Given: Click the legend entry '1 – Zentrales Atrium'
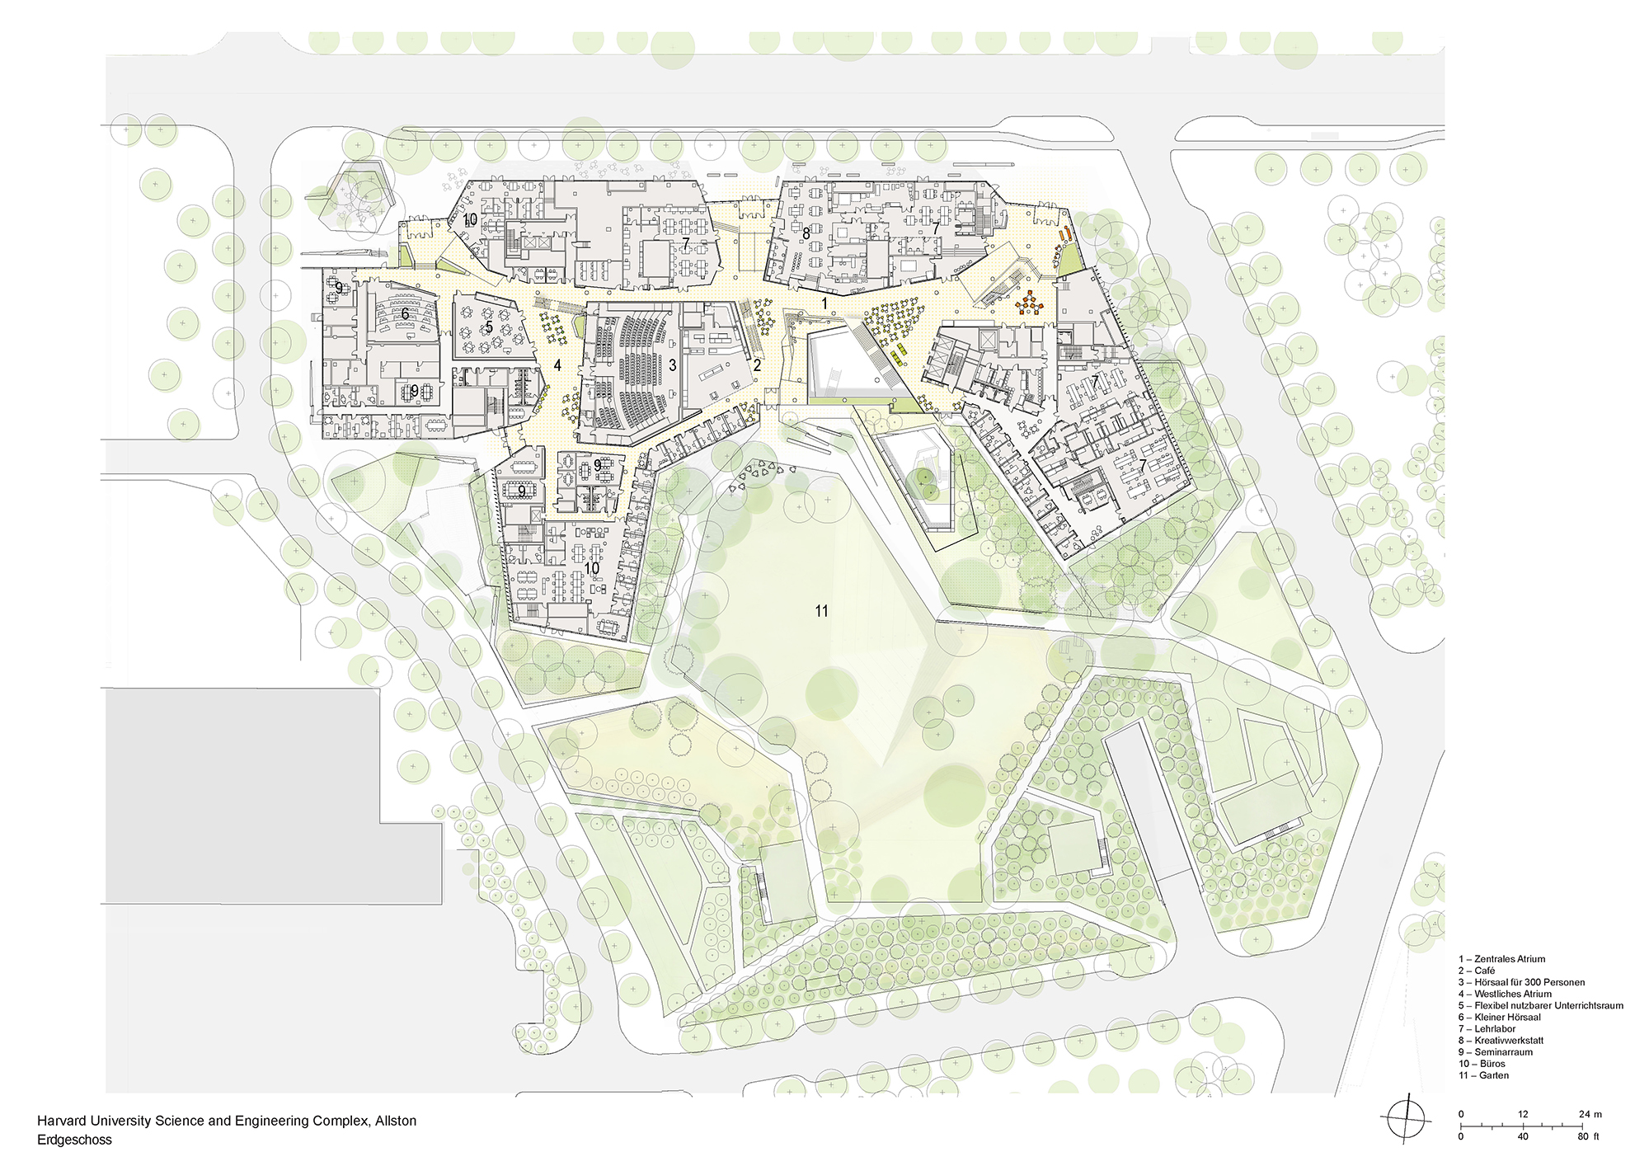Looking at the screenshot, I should point(1501,959).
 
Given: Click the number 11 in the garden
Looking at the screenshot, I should point(821,611).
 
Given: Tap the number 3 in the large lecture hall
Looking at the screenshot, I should point(673,364).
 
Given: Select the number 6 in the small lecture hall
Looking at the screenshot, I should point(405,314).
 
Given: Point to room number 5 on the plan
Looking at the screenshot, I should point(489,327).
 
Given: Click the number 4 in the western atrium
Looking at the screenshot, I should point(557,365).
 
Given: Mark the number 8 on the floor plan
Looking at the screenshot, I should point(806,234).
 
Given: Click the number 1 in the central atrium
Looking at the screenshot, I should point(824,304).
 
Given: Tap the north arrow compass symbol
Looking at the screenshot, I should point(1404,1120).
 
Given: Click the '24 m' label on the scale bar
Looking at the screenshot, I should point(1590,1114).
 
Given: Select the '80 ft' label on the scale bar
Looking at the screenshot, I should point(1588,1136).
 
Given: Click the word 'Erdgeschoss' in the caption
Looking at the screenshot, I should point(74,1140).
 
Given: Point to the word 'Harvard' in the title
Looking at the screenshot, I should point(60,1121).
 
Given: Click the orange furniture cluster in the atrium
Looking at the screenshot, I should point(1029,303).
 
